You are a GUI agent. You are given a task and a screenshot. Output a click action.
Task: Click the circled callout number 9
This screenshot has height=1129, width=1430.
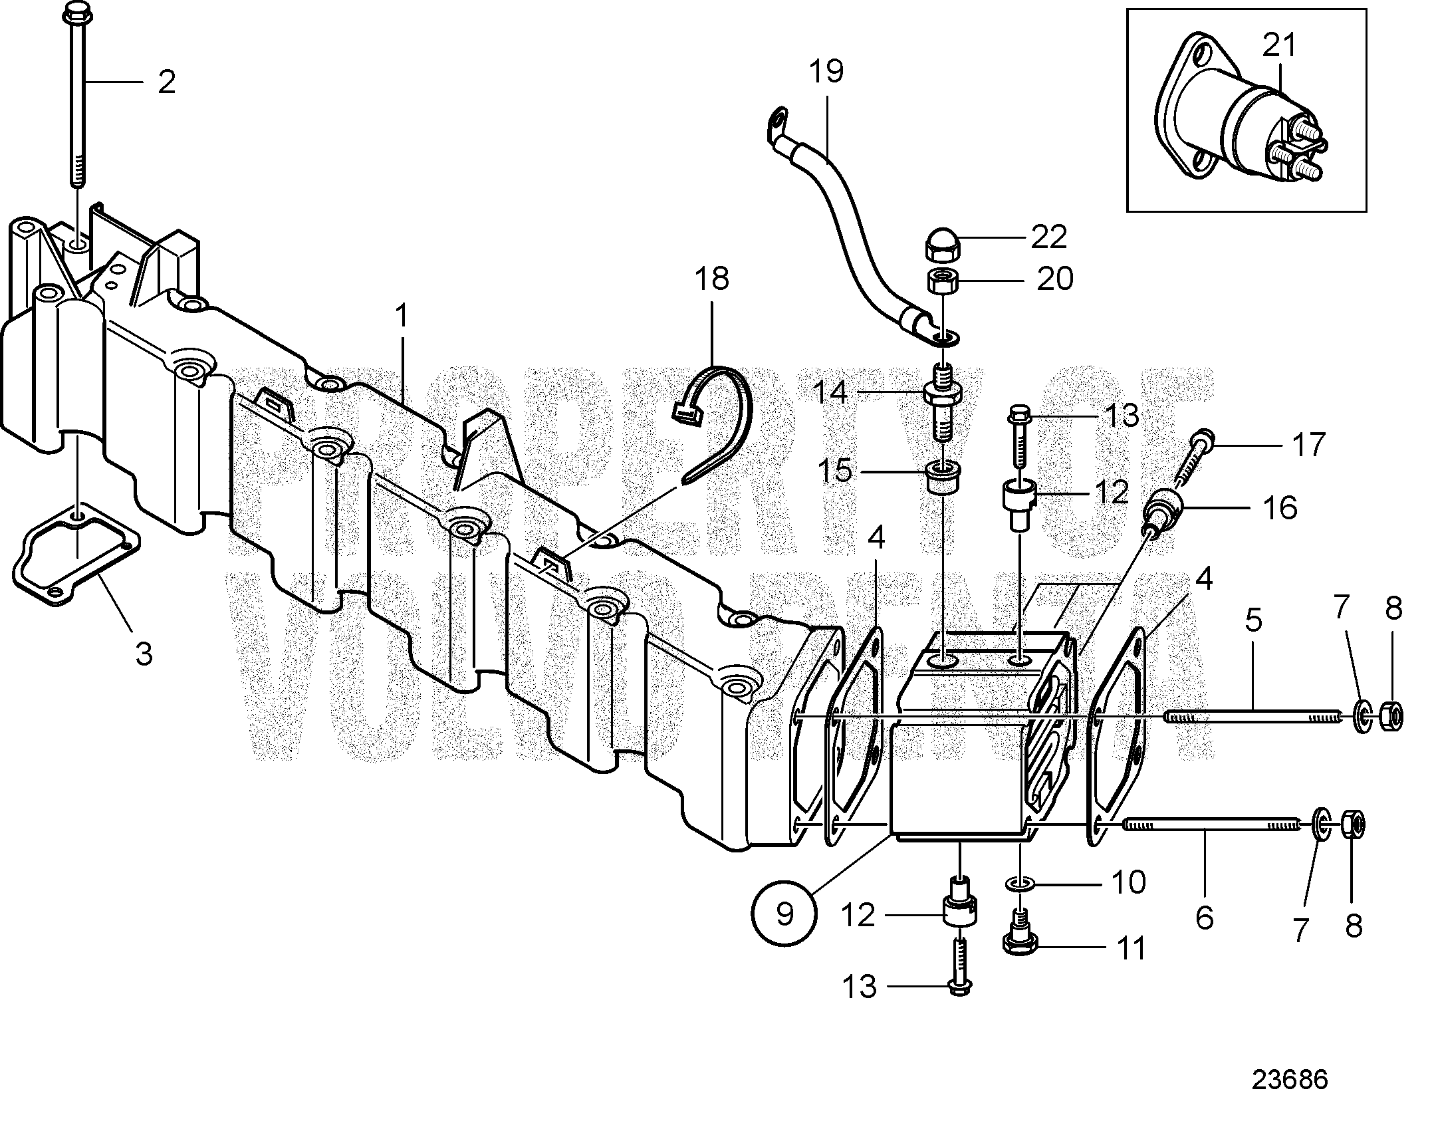click(x=784, y=914)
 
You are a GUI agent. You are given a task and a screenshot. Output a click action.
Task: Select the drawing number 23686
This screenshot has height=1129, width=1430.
click(x=1290, y=1080)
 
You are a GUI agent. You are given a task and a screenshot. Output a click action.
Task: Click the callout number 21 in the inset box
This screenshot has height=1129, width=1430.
click(x=1280, y=46)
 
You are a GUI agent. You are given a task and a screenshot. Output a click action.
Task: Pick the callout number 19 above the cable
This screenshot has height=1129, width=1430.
click(x=826, y=71)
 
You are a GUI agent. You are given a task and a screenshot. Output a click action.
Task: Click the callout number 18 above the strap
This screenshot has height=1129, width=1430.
click(x=712, y=279)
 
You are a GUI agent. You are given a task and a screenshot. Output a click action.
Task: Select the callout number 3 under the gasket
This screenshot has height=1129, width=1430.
click(x=144, y=654)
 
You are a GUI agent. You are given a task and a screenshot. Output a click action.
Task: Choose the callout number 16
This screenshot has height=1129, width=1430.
click(x=1280, y=509)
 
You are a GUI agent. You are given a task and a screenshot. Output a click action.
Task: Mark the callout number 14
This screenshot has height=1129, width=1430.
click(x=830, y=392)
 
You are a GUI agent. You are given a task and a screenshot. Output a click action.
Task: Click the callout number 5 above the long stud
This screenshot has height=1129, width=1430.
click(x=1253, y=621)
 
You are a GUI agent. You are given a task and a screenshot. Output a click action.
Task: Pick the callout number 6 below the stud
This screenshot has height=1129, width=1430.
click(x=1204, y=918)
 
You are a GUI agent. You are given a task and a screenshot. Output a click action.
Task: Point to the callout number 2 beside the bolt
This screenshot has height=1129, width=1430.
click(x=166, y=82)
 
